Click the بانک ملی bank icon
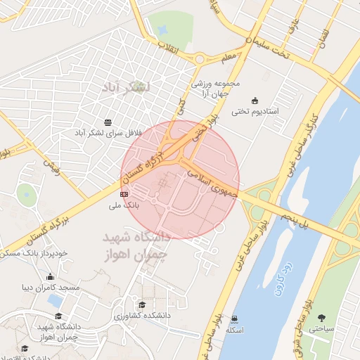pos(124,193)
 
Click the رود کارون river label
pos(287,262)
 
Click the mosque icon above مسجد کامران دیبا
pos(50,276)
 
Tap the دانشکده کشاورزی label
pos(143,316)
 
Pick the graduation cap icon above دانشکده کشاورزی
pos(143,304)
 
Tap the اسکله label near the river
pos(236,330)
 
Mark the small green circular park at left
pos(26,194)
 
